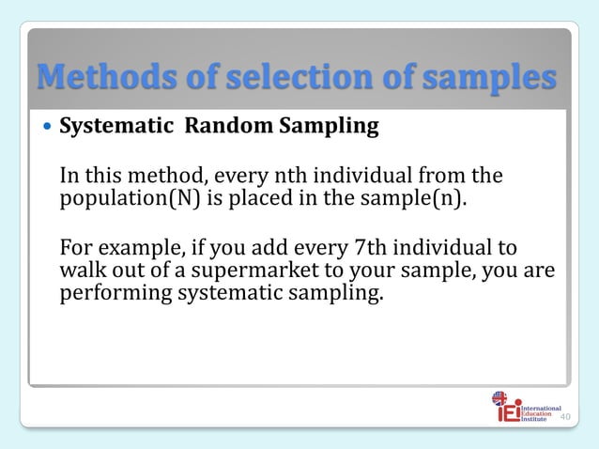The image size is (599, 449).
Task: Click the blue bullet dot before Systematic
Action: (46, 127)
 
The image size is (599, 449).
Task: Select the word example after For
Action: (139, 248)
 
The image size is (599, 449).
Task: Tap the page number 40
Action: (565, 417)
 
